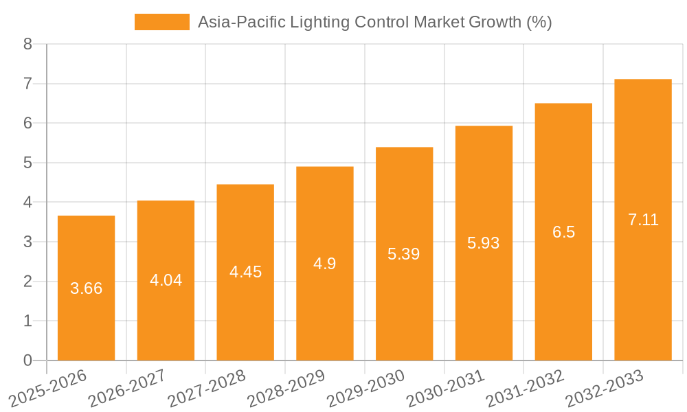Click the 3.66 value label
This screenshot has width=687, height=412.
pyautogui.click(x=86, y=288)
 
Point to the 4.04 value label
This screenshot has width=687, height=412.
pyautogui.click(x=166, y=280)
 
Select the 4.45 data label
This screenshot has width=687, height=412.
pyautogui.click(x=245, y=272)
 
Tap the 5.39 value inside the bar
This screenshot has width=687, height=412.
pyautogui.click(x=404, y=254)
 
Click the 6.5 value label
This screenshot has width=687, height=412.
pyautogui.click(x=563, y=232)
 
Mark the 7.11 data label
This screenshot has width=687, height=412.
pyautogui.click(x=643, y=220)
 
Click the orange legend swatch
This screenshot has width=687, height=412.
pyautogui.click(x=161, y=22)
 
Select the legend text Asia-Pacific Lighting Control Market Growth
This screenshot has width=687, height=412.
pyautogui.click(x=374, y=22)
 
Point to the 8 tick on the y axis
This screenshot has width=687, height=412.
pyautogui.click(x=27, y=44)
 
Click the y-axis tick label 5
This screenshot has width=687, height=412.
pyautogui.click(x=27, y=163)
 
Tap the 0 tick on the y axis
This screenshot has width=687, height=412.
pyautogui.click(x=27, y=360)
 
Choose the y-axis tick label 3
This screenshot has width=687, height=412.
pyautogui.click(x=27, y=242)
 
